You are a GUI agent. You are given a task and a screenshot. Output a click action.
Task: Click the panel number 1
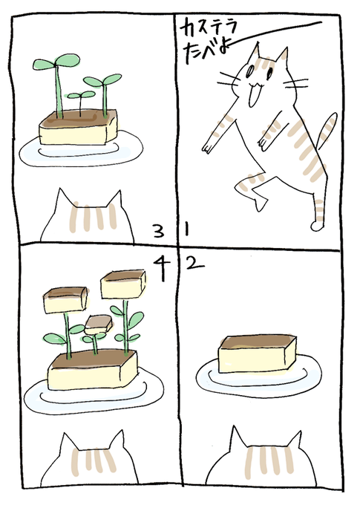(187, 229)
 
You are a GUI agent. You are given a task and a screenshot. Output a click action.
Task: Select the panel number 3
(158, 231)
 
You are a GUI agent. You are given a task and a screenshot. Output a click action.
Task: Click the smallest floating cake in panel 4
(99, 325)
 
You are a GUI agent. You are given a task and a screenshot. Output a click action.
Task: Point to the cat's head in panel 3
(88, 216)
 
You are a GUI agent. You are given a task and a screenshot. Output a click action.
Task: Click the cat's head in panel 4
(90, 459)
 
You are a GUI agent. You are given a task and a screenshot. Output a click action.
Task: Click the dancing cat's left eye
(250, 71)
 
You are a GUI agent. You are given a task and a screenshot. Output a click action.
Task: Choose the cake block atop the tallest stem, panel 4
(123, 284)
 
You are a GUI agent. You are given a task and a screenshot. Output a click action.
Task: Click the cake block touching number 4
(123, 284)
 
